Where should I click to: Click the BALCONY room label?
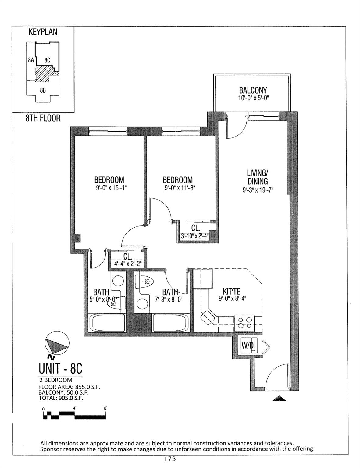[253, 90]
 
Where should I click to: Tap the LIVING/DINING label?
[257, 177]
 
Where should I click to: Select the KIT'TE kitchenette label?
[231, 292]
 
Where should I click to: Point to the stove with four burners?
[245, 322]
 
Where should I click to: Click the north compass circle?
[57, 344]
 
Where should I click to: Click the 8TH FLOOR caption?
[43, 118]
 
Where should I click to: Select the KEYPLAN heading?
[43, 32]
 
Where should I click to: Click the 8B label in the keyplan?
[43, 90]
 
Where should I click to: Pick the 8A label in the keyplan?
[30, 60]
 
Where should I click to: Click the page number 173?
[170, 459]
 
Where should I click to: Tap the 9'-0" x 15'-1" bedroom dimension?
[109, 188]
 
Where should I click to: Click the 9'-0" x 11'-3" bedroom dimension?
[178, 188]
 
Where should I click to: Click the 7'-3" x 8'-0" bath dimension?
[169, 300]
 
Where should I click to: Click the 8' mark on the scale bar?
[105, 408]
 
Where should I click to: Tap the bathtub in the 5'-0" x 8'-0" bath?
[107, 323]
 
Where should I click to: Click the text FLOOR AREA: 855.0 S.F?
[69, 387]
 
